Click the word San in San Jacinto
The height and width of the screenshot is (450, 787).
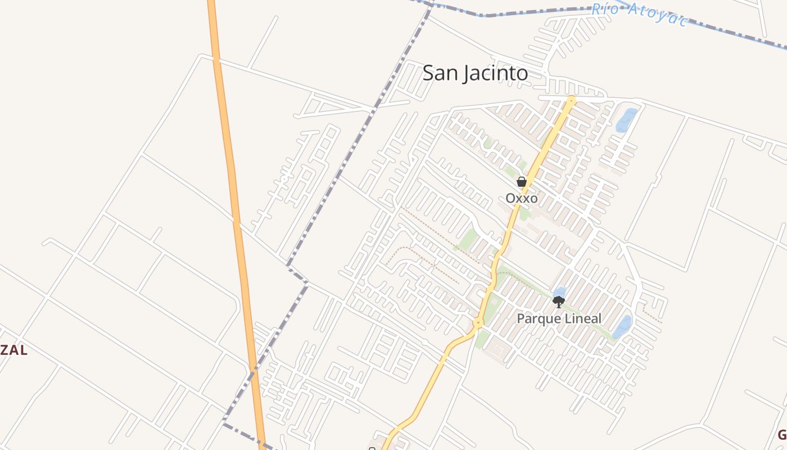pyautogui.click(x=438, y=73)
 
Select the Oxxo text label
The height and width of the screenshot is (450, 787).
pyautogui.click(x=521, y=199)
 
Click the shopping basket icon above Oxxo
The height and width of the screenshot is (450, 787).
pyautogui.click(x=521, y=182)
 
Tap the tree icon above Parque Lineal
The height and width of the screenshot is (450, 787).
pyautogui.click(x=558, y=302)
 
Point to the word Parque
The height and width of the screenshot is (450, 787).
pyautogui.click(x=537, y=319)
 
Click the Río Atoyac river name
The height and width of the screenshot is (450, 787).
pyautogui.click(x=639, y=14)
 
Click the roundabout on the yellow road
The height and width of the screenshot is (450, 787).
pyautogui.click(x=478, y=323)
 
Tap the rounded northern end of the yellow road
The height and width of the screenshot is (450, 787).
pyautogui.click(x=571, y=101)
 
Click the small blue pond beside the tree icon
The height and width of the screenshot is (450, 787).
pyautogui.click(x=560, y=291)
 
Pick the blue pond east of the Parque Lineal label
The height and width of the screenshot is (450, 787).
pyautogui.click(x=622, y=327)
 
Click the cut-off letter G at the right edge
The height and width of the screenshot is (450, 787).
pyautogui.click(x=782, y=434)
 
